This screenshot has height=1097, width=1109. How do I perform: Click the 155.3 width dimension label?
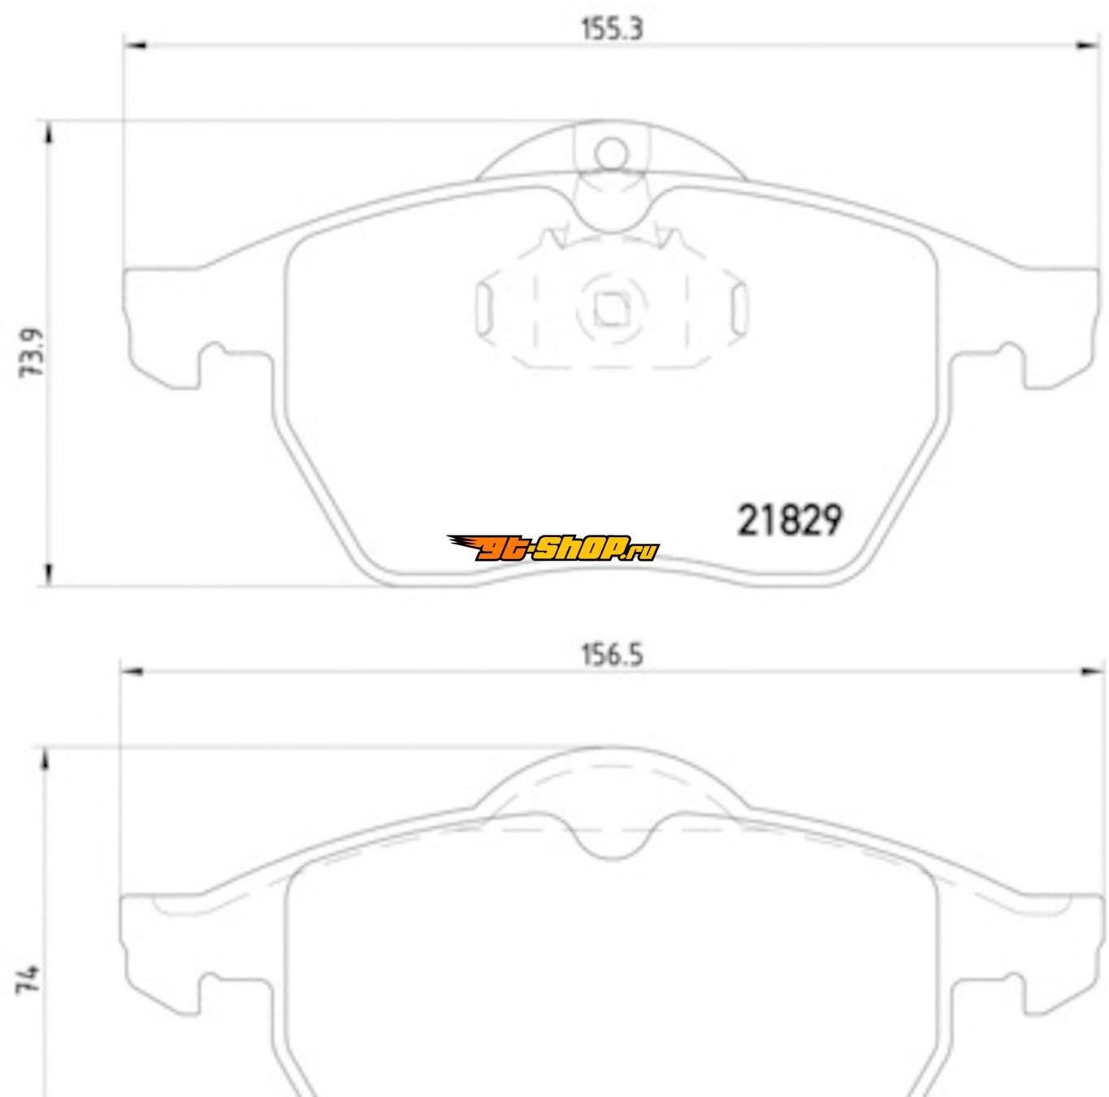[612, 28]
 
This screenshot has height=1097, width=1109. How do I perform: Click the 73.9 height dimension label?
[32, 353]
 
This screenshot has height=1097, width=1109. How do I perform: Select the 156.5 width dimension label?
[612, 656]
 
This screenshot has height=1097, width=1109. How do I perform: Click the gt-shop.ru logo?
[552, 548]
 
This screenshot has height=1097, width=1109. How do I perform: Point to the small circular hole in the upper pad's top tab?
[611, 154]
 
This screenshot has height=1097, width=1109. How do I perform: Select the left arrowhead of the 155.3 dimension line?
[136, 46]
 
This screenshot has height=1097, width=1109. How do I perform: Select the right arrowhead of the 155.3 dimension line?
[1087, 46]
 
